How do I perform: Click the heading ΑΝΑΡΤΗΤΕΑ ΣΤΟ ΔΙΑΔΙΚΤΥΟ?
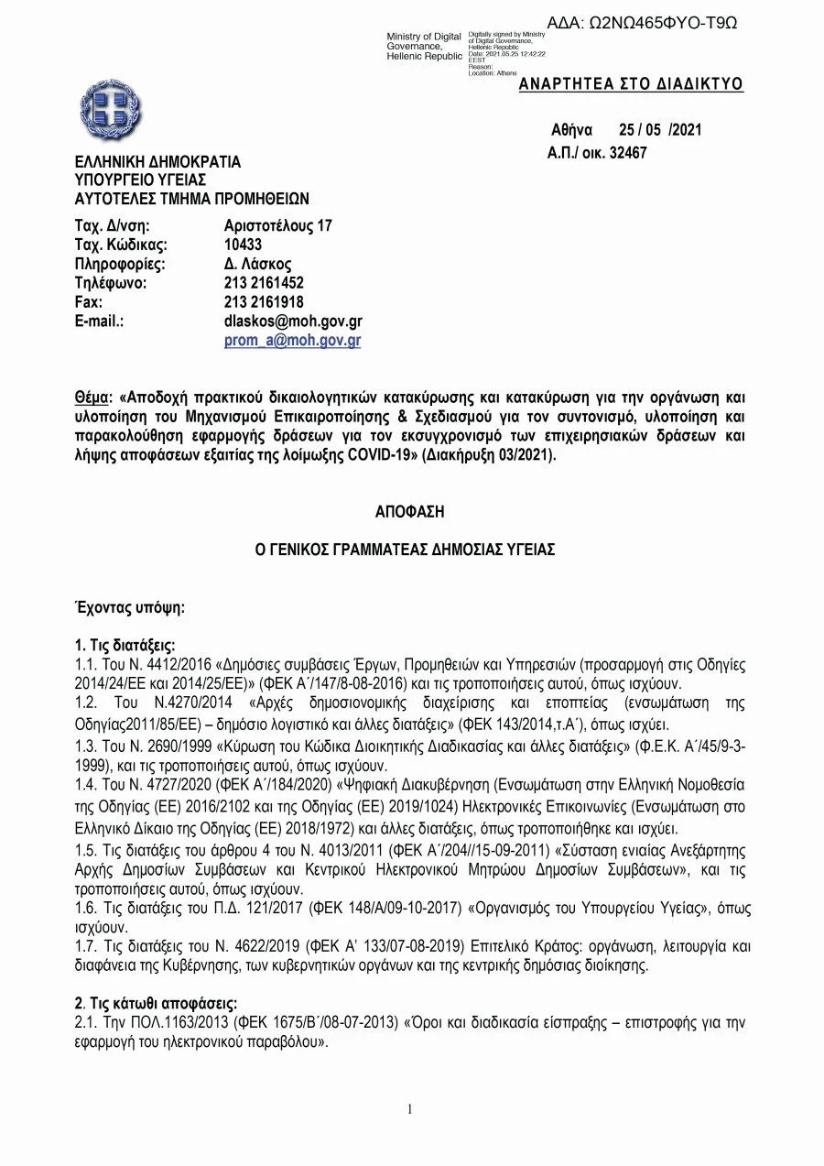click(631, 85)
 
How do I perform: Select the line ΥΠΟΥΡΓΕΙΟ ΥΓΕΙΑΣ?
click(140, 180)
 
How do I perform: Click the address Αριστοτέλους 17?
click(278, 225)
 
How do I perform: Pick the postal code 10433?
click(243, 245)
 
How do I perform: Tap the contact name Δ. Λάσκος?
click(258, 264)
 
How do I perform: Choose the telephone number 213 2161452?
click(264, 283)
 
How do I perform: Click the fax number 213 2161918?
click(264, 302)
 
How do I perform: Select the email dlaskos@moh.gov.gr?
click(293, 321)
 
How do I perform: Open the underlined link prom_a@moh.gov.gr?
click(293, 341)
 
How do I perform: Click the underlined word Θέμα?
click(92, 398)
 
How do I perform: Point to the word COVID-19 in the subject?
click(380, 454)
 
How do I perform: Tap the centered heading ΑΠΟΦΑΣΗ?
click(409, 511)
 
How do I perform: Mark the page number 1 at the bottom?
click(410, 1109)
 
